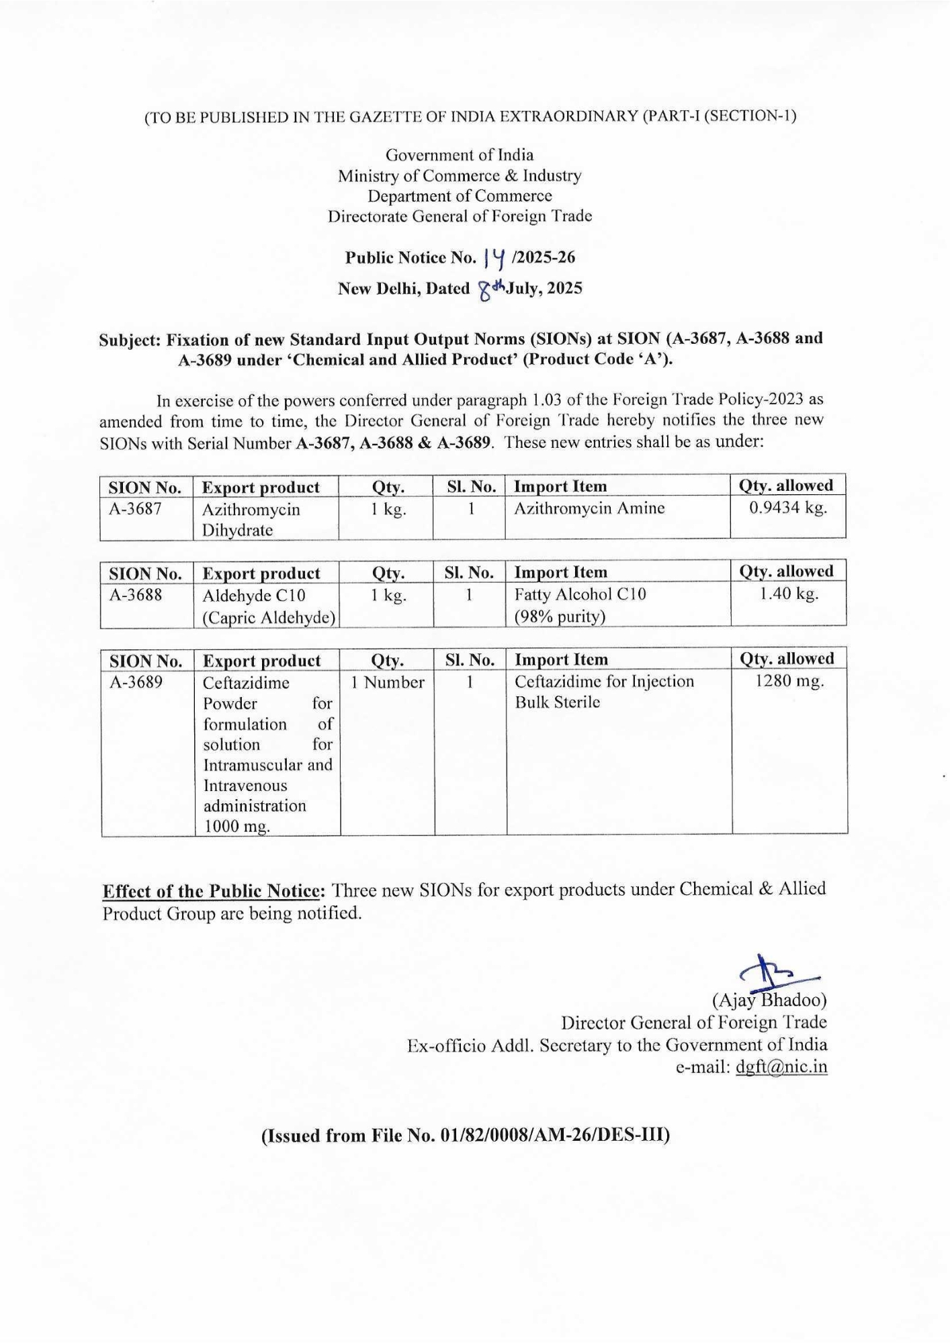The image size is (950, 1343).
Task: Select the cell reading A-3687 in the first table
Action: click(136, 508)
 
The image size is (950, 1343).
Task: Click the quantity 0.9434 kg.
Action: click(787, 508)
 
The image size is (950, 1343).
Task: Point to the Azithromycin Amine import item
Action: click(589, 508)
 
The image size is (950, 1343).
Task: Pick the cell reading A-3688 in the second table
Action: click(136, 594)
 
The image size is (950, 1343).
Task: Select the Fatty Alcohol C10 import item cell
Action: click(580, 604)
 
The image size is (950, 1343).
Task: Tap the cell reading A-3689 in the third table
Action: click(136, 682)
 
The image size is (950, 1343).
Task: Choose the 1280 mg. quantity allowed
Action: click(789, 682)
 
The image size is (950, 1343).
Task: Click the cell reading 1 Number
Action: click(388, 682)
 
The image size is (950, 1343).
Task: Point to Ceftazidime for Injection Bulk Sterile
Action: click(604, 692)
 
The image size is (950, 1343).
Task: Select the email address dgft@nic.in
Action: click(781, 1067)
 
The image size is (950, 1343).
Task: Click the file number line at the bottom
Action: click(466, 1136)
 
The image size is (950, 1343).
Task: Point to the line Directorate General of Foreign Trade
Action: click(460, 216)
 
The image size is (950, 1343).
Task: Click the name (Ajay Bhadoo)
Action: click(769, 1001)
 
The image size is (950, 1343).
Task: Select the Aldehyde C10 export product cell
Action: click(268, 605)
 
